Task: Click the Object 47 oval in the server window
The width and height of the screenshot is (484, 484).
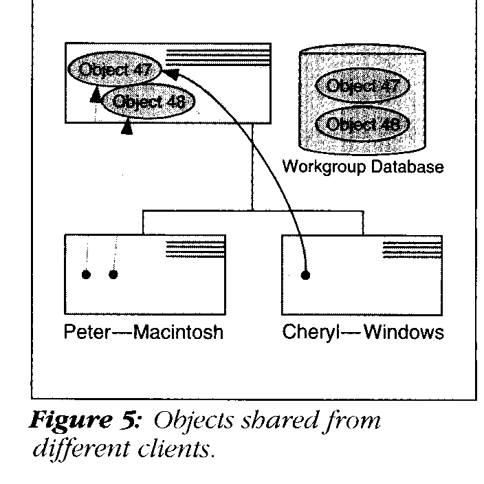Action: [x=114, y=70]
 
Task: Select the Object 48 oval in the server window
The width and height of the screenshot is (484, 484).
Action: [x=148, y=102]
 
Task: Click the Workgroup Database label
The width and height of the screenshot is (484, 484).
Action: [x=363, y=167]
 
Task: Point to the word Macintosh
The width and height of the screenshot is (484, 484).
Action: [x=179, y=333]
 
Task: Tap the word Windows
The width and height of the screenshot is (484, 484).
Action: [x=404, y=333]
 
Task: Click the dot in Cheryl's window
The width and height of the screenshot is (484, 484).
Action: [x=305, y=275]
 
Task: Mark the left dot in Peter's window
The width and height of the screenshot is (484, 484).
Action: [x=86, y=275]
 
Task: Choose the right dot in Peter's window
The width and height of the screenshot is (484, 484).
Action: [x=113, y=275]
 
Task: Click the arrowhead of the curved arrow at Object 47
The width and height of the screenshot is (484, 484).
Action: [x=169, y=71]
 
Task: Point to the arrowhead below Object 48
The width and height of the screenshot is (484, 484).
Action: [x=126, y=127]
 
